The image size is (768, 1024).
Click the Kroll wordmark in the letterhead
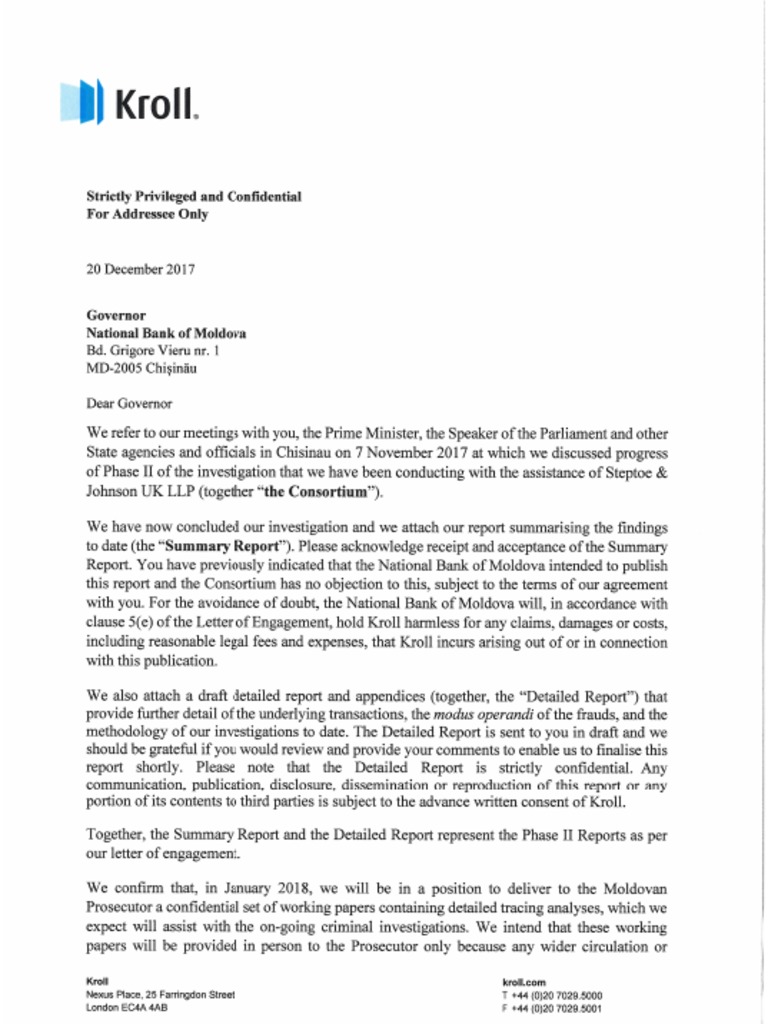(157, 104)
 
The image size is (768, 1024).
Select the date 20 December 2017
(140, 269)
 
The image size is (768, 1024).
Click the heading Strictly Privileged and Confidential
(193, 197)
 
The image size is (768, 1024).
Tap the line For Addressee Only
(147, 214)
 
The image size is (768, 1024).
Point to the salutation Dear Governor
(129, 404)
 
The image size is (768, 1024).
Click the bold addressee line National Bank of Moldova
(166, 333)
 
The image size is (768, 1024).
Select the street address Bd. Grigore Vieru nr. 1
(152, 351)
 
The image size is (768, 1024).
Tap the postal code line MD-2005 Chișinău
(142, 369)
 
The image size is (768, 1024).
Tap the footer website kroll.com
(523, 982)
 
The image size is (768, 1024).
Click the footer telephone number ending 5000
(552, 996)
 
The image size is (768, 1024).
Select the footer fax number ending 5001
(552, 1009)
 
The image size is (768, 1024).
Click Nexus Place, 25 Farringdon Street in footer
(160, 996)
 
